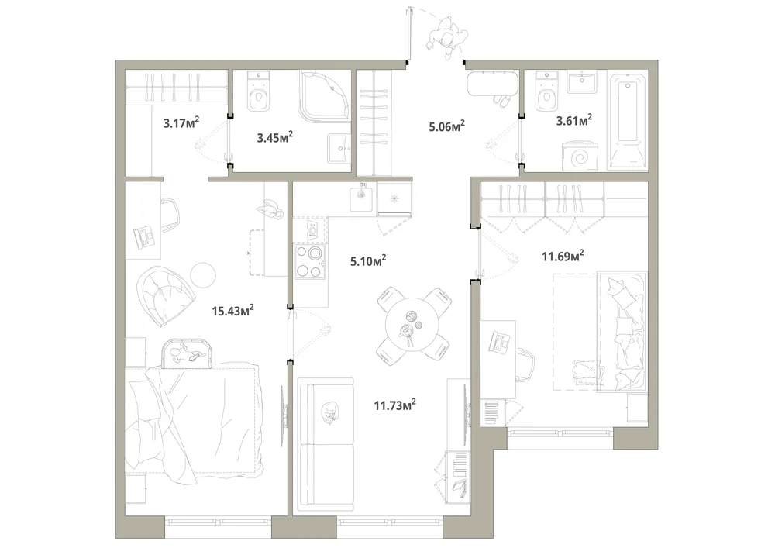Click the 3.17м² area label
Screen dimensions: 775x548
[x=181, y=122]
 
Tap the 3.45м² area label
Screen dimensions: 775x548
[x=275, y=137]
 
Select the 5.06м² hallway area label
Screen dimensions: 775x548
[x=447, y=126]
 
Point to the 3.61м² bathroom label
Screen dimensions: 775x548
[x=573, y=120]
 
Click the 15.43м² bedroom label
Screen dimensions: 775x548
[x=232, y=310]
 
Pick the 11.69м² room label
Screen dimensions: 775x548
[x=563, y=256]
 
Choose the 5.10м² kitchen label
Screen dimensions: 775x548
[x=368, y=260]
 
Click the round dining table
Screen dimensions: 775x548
[x=412, y=325]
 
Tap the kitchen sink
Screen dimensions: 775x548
[x=362, y=196]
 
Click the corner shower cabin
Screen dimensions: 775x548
[x=324, y=96]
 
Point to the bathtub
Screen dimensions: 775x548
[x=628, y=121]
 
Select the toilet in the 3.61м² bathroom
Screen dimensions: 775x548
[x=546, y=91]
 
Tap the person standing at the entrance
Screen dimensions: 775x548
[x=448, y=36]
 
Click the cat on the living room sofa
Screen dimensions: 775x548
[x=329, y=412]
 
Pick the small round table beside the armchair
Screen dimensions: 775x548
[x=203, y=274]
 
